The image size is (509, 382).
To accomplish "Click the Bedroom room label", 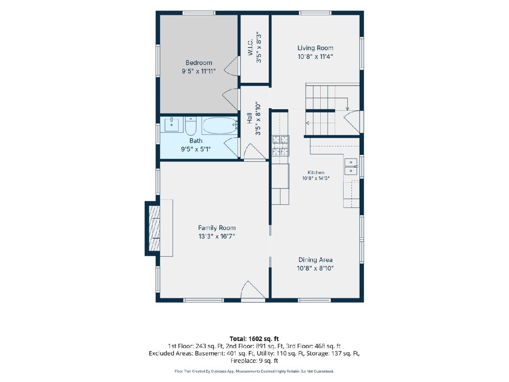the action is [199, 63].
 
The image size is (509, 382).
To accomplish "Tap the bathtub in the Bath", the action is [219, 126].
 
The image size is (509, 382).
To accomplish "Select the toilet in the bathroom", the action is [191, 126].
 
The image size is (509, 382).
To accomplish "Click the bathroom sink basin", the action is [172, 124].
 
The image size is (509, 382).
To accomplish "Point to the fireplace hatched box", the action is [154, 228].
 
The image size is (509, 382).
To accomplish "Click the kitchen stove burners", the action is [280, 146].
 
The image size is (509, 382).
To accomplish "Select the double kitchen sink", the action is [351, 166].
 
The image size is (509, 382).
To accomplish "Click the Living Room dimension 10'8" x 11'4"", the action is [315, 56].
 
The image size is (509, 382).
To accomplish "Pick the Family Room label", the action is [217, 228].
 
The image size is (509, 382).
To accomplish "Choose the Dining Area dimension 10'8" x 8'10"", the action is [315, 268].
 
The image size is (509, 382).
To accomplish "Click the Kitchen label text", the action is [316, 172].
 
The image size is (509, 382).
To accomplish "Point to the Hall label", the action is [249, 118].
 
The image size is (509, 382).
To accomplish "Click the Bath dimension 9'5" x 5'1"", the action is [196, 149].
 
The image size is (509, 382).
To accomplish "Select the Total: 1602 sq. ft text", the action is [254, 339].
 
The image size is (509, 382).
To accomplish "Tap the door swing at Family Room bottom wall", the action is [253, 290].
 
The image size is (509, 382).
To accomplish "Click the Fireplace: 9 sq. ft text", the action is [254, 361].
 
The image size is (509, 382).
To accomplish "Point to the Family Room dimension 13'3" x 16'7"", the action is [217, 236].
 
